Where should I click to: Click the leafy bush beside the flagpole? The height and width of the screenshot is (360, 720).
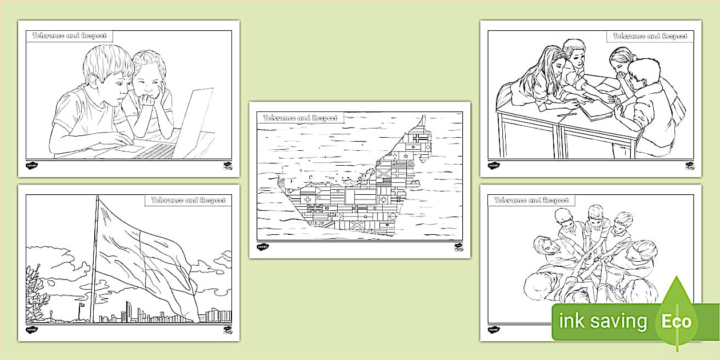tap(37, 291)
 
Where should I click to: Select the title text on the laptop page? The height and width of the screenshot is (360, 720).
tap(69, 36)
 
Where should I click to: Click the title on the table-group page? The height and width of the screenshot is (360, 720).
tap(650, 36)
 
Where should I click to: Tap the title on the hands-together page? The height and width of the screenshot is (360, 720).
tap(531, 201)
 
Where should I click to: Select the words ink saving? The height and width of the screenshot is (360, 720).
tap(603, 321)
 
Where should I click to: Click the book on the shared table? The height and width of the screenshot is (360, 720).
tap(594, 109)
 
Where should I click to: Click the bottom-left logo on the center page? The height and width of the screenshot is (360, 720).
tap(262, 247)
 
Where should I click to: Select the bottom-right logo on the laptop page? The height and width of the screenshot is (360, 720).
tap(226, 166)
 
